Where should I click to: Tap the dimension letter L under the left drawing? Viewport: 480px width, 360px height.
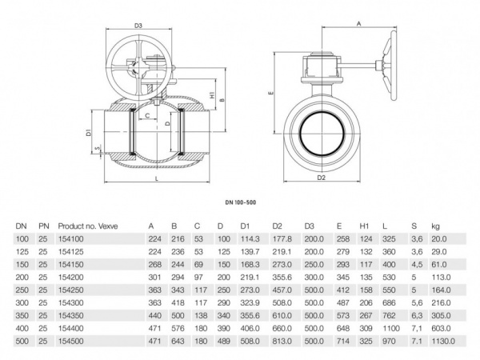pos(154,181)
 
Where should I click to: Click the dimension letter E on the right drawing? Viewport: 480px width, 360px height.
pos(273,94)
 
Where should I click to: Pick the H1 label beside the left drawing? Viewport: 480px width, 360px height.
pos(210,95)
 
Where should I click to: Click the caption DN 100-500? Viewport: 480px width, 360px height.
pos(244,206)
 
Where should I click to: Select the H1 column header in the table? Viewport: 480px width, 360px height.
pos(364,226)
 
